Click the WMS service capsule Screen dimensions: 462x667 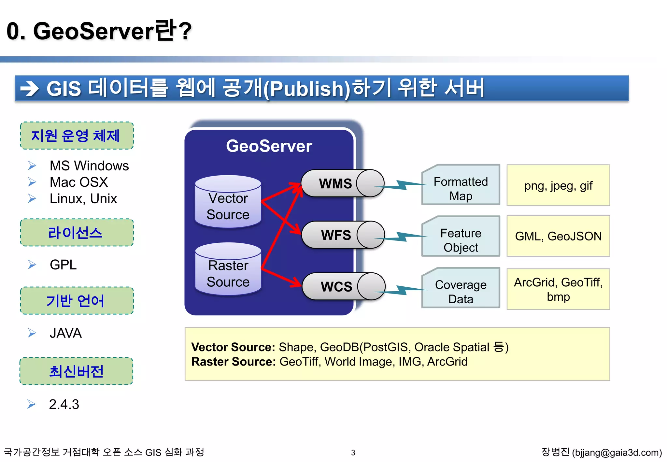pos(342,183)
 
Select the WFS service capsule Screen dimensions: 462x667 pos(343,235)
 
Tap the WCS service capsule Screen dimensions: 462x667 pos(343,286)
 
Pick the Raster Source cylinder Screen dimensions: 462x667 pos(228,270)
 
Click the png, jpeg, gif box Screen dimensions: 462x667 pos(558,185)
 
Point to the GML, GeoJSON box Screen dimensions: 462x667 pos(558,236)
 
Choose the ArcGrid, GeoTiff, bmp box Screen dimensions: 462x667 pos(558,289)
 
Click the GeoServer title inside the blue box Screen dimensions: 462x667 pos(269,146)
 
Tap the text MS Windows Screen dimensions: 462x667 pos(89,166)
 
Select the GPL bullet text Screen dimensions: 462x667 pos(63,265)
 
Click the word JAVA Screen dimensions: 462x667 pos(65,333)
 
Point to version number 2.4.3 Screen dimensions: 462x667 pos(64,404)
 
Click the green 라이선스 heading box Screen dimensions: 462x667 pos(77,233)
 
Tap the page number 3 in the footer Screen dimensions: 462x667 pos(353,453)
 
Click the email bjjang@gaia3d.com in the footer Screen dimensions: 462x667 pos(617,453)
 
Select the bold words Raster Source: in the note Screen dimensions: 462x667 pos(234,362)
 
